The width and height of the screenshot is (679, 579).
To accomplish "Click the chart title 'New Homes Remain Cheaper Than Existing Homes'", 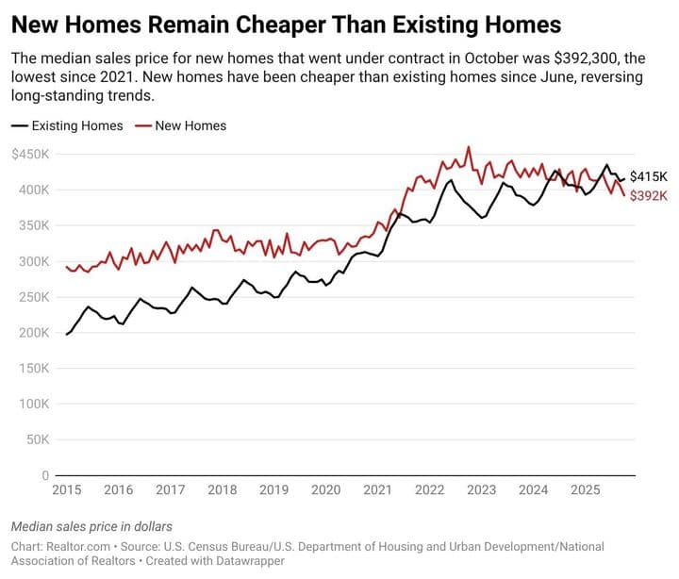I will point(286,24).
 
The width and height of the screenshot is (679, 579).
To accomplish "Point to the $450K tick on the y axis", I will point(31,154).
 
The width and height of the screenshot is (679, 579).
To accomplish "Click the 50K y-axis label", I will point(38,439).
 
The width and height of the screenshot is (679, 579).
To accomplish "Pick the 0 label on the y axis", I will point(44,475).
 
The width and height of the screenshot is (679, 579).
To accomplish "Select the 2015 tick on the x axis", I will point(66,490).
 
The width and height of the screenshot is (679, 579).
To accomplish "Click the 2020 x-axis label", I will point(325,490).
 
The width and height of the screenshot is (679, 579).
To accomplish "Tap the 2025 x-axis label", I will point(585,490).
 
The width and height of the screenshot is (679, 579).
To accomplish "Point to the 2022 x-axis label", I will point(429,490).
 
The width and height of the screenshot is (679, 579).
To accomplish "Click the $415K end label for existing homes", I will point(648,176).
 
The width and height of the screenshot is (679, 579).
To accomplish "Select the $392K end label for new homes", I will point(648,195).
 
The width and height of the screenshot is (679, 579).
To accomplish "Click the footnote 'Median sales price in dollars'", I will point(91,526).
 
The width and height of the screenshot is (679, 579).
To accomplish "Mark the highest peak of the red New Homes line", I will point(469,147).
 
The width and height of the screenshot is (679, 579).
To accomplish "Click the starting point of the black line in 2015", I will point(66,335).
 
